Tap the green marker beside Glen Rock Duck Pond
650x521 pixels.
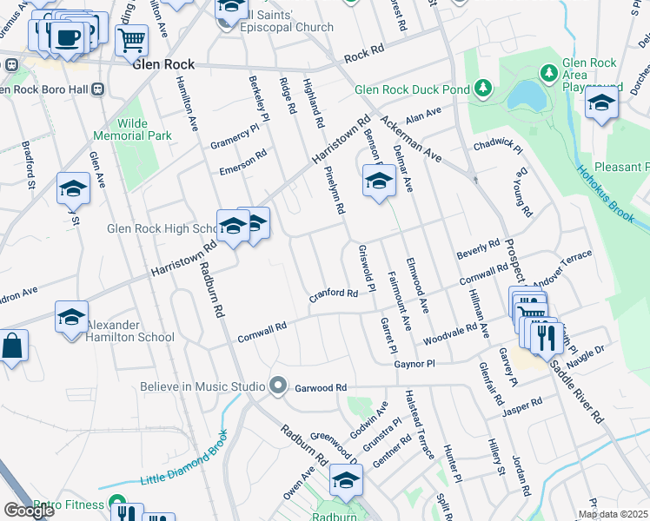(x=482, y=89)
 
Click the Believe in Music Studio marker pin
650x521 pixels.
(x=278, y=385)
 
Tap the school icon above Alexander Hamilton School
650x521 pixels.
(x=72, y=317)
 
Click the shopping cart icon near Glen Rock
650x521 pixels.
(x=131, y=39)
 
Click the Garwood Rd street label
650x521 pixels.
(x=321, y=387)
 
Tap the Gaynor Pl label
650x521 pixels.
(x=414, y=366)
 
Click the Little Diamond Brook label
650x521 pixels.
(x=185, y=461)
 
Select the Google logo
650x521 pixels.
(x=29, y=511)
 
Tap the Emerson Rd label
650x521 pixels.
(x=242, y=165)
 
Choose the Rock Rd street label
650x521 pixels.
(x=363, y=57)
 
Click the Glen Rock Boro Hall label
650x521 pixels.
(x=43, y=89)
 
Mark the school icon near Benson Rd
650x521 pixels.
(x=379, y=181)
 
